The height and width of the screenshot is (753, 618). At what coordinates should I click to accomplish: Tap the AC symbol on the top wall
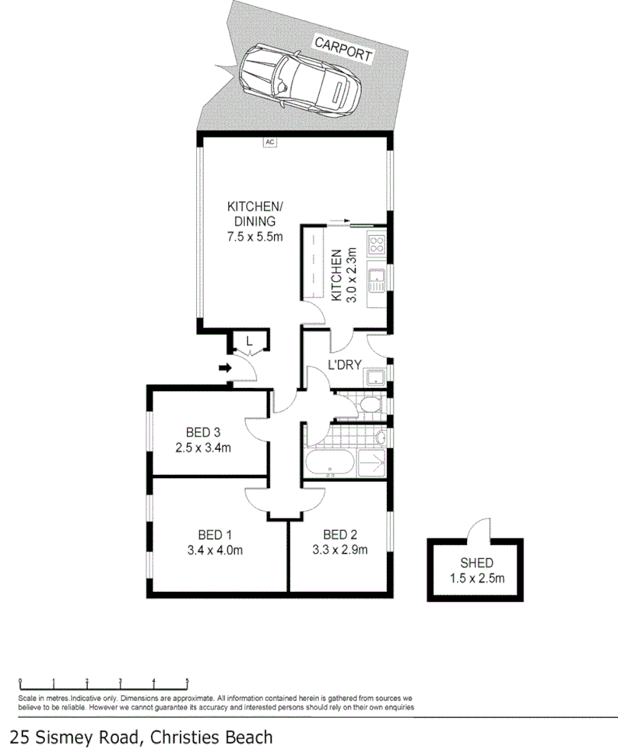coord(269,141)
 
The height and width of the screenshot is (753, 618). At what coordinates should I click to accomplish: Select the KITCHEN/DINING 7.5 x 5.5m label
coord(255,221)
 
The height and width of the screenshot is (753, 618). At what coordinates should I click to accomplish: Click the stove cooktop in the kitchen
coord(378,245)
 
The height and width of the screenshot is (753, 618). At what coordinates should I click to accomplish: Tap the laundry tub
coord(375,376)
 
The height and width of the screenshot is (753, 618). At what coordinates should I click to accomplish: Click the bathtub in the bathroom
coord(328,463)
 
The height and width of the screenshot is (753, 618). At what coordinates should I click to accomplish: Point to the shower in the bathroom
coord(373,463)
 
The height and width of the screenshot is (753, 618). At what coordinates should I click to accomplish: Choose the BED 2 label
coord(341,534)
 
